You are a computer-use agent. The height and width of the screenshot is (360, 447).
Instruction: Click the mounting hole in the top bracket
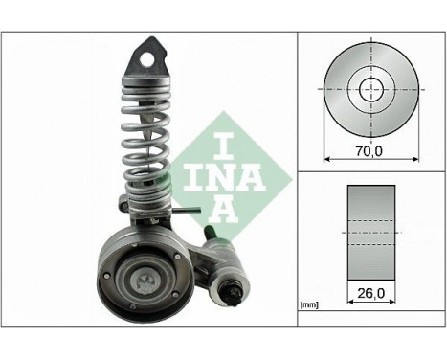[x=148, y=57]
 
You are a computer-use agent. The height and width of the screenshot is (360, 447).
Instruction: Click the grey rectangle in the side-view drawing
[x=369, y=227]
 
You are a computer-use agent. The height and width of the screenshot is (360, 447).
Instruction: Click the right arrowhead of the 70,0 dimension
[x=413, y=158]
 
